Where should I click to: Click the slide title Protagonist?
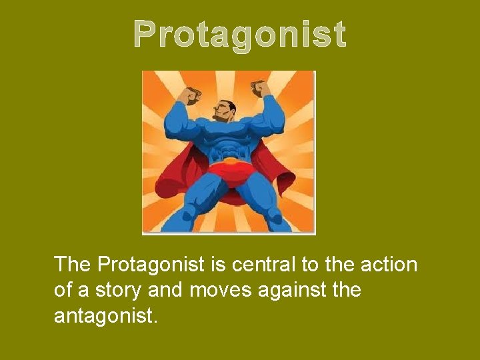[x=239, y=34]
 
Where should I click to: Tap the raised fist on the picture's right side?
[x=261, y=89]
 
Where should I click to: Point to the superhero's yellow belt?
[x=229, y=161]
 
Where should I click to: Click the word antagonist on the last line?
[x=105, y=315]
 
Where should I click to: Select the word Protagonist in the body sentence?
[x=151, y=265]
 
